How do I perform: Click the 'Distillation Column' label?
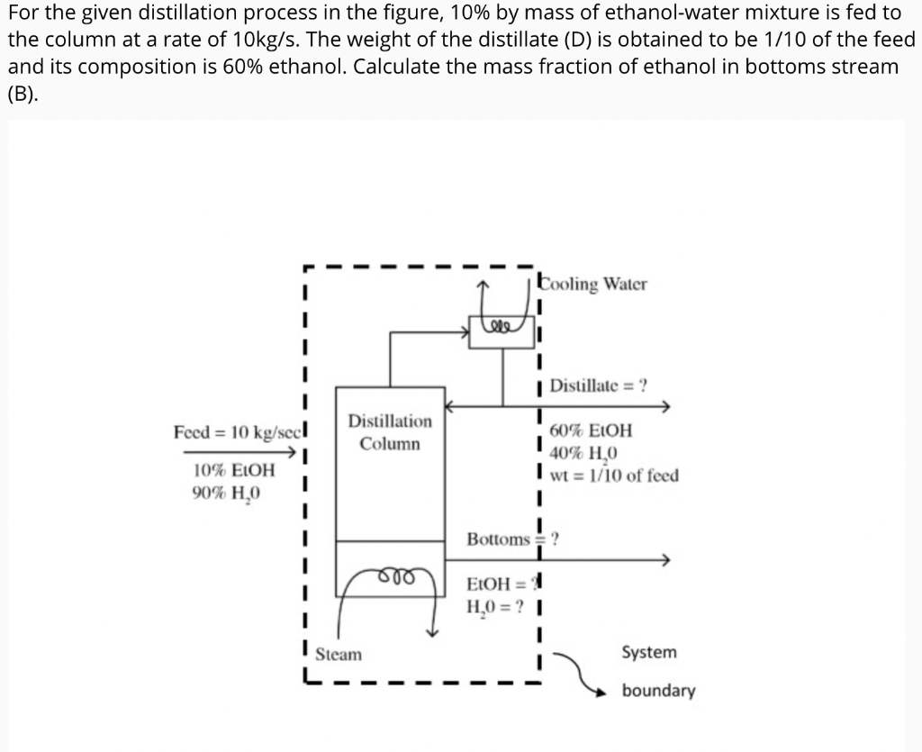[x=390, y=432]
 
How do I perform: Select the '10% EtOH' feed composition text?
[x=234, y=470]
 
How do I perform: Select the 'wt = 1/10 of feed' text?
[x=613, y=476]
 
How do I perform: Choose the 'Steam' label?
[x=339, y=654]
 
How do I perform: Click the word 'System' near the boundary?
[x=648, y=652]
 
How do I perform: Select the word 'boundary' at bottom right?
[x=658, y=692]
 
